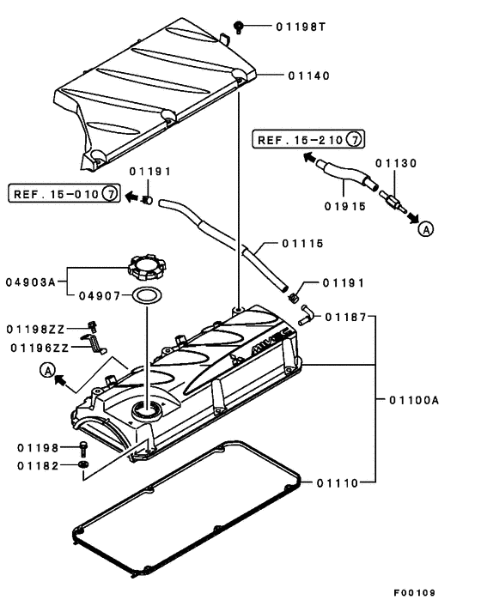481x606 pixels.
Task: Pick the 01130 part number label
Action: coord(396,163)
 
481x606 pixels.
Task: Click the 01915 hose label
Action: coord(346,206)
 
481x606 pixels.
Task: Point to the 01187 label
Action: coord(346,318)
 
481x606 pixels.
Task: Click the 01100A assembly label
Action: coord(414,400)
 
